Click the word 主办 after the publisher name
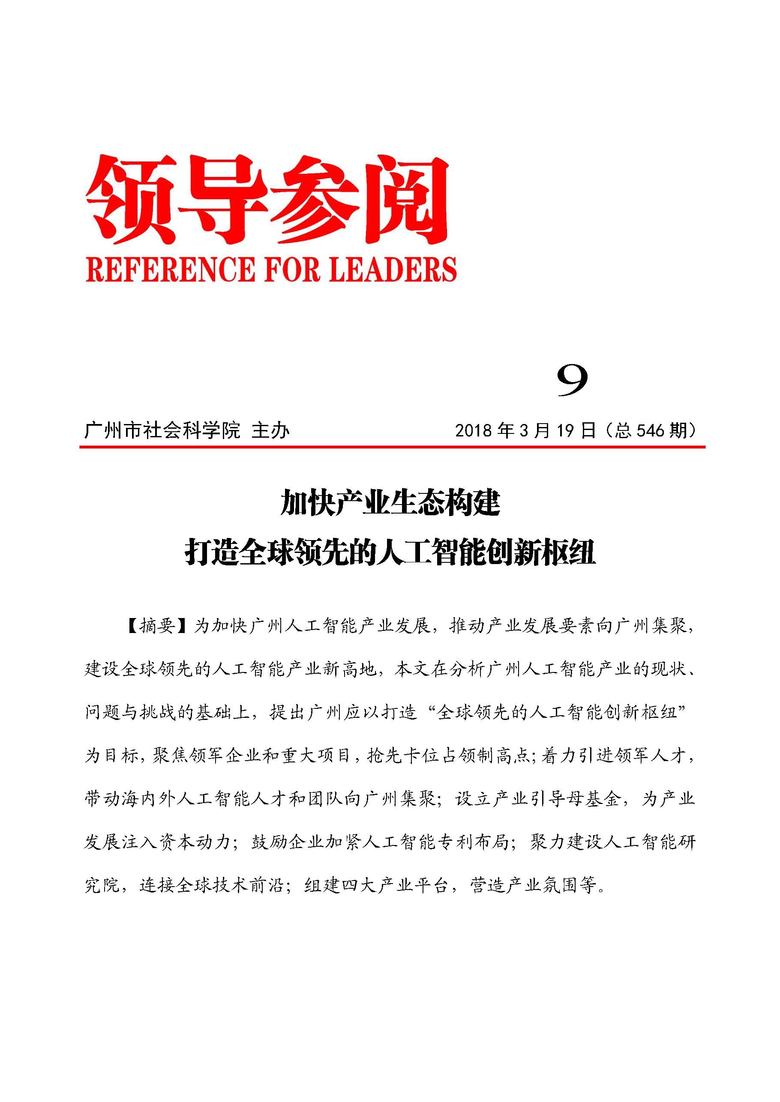coord(270,430)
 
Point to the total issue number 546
coord(651,430)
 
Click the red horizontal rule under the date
coord(392,447)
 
